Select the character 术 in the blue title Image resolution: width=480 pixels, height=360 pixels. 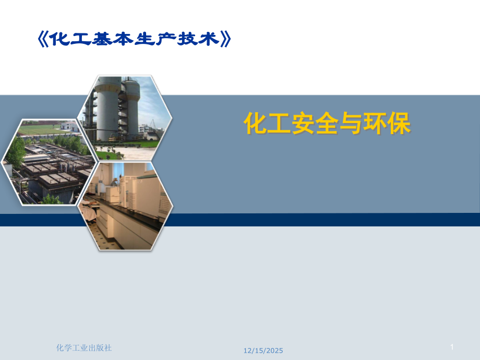(207, 39)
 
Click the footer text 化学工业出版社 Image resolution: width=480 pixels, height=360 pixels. (83, 347)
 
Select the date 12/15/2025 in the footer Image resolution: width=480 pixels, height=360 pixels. (263, 351)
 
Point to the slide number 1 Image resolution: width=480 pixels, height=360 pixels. (452, 347)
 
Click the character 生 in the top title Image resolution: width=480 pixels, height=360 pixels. (144, 39)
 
